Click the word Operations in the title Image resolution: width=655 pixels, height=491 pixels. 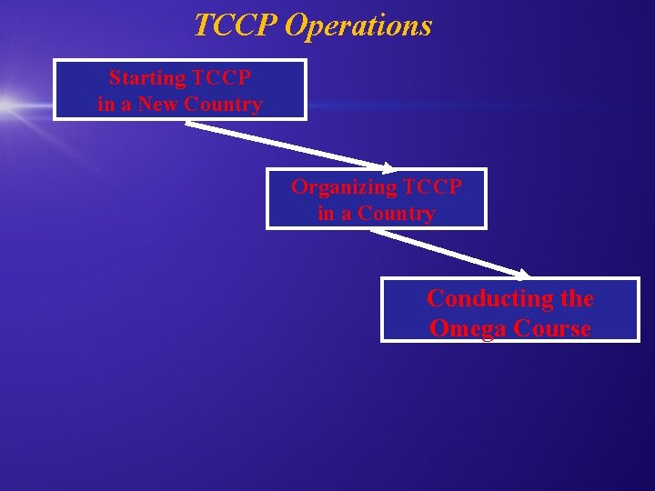click(x=358, y=26)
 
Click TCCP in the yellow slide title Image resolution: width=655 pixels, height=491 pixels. click(x=235, y=25)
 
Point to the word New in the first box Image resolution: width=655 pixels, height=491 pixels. click(x=158, y=105)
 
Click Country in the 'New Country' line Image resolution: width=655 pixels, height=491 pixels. click(x=223, y=105)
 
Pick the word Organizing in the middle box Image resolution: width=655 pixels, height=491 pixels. click(x=344, y=187)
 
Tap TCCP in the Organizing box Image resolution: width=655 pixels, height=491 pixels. click(x=432, y=187)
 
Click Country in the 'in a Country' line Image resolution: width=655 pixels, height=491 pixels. click(x=396, y=215)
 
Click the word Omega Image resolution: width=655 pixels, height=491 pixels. click(x=469, y=328)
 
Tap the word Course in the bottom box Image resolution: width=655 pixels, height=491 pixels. click(x=552, y=328)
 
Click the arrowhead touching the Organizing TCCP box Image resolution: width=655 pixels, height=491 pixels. click(x=388, y=167)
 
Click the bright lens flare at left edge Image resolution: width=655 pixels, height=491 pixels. click(x=7, y=104)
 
